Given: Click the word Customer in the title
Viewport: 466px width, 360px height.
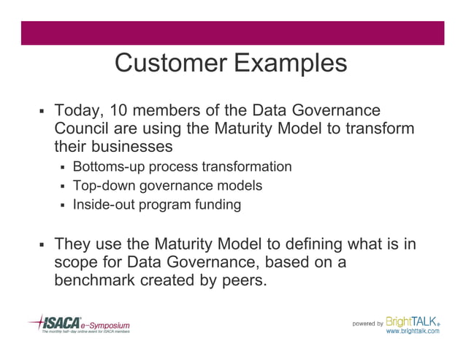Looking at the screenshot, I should coord(171,64).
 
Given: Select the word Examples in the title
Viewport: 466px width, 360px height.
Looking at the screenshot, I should coord(290,64).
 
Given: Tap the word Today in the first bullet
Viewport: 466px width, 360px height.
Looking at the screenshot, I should coord(78,111).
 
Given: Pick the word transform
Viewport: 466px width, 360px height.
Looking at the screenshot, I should coord(383,129).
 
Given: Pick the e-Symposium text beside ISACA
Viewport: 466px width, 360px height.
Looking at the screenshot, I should coord(105,323).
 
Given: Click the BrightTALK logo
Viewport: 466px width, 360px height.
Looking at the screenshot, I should coord(413,321).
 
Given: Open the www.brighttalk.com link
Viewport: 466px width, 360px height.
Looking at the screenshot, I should coord(413,331).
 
